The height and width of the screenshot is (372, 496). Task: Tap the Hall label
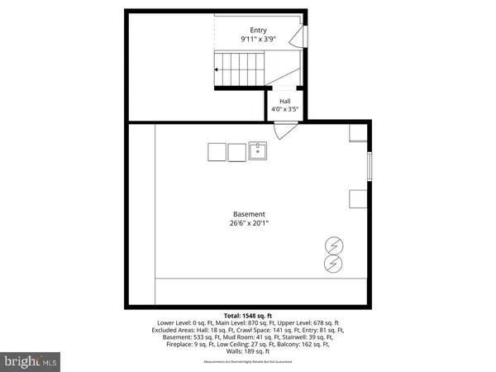point(284,102)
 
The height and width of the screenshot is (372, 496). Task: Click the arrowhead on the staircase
point(217,70)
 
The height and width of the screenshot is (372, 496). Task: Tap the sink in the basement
point(260,151)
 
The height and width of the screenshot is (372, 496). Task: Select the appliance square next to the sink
point(237,152)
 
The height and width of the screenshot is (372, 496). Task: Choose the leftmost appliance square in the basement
point(217,152)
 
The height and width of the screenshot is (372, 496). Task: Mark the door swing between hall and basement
point(284,130)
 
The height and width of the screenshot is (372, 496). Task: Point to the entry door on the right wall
point(303,36)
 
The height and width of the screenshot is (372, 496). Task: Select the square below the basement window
point(358,199)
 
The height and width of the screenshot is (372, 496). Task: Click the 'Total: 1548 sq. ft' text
point(247,315)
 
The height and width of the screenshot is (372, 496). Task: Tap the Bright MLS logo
point(31,361)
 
